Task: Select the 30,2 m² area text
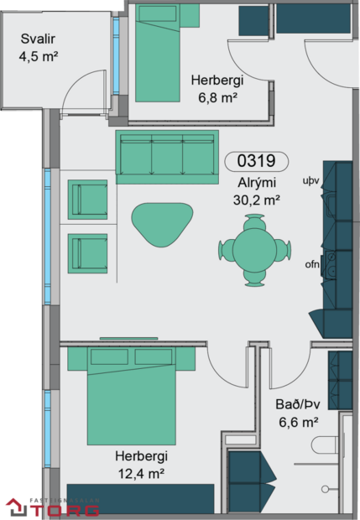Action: click(x=256, y=200)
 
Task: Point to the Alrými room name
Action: click(x=256, y=183)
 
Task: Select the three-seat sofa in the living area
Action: click(x=166, y=157)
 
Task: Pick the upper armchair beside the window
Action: click(x=88, y=200)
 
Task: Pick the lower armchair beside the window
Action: click(x=88, y=252)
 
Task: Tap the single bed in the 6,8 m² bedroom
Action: click(x=159, y=50)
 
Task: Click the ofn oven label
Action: click(x=312, y=266)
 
